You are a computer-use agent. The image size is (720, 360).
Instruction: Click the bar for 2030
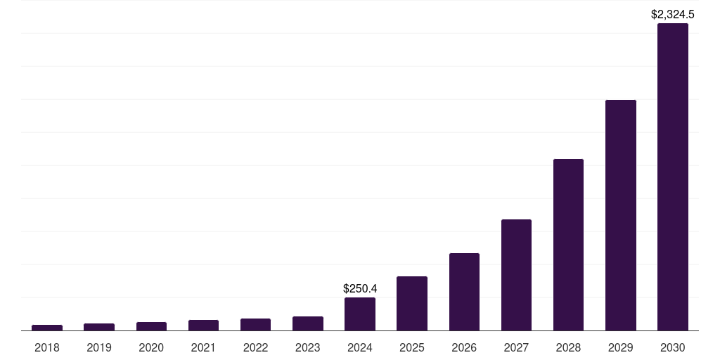[x=672, y=176]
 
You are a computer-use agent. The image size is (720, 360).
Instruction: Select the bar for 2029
[x=620, y=215]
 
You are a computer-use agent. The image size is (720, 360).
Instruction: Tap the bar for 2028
[x=568, y=245]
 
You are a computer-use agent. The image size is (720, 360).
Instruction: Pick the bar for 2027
[x=516, y=275]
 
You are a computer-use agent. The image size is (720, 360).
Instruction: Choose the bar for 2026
[x=464, y=292]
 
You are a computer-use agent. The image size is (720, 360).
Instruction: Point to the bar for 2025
[x=412, y=303]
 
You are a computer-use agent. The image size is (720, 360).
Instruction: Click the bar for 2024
[x=360, y=314]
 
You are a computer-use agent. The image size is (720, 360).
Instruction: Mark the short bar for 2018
[x=47, y=328]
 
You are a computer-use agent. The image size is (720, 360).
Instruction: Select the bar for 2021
[x=203, y=325]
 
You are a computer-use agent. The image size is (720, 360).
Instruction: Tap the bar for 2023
[x=308, y=323]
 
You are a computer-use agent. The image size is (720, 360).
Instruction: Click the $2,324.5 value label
[x=673, y=14]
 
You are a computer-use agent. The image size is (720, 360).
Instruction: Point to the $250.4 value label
[x=360, y=288]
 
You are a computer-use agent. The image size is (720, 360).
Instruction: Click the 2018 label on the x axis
[x=47, y=347]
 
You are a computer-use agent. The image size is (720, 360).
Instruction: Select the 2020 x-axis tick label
[x=151, y=347]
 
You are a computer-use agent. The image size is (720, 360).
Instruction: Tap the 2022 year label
[x=255, y=347]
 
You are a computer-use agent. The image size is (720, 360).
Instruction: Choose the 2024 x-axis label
[x=360, y=347]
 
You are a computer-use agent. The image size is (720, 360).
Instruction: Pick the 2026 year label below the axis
[x=464, y=347]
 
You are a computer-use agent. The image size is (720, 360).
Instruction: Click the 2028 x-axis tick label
[x=568, y=347]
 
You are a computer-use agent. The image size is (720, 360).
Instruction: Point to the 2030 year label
[x=672, y=347]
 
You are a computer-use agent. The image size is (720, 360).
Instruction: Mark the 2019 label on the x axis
[x=99, y=347]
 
